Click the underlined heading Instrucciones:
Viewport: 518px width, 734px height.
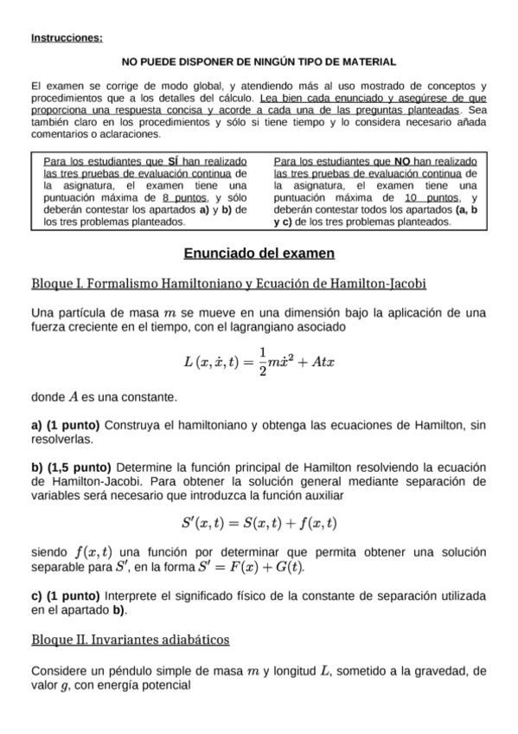point(66,38)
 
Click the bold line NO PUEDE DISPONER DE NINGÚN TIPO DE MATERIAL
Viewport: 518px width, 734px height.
point(259,62)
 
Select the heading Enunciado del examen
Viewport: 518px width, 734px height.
point(259,254)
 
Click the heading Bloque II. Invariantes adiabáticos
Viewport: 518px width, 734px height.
point(130,640)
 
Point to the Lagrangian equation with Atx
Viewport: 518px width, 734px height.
point(259,360)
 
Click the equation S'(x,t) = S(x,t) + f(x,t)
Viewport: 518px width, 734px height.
point(259,523)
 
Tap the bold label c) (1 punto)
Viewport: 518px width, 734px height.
point(65,596)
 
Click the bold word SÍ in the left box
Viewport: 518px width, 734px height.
point(172,162)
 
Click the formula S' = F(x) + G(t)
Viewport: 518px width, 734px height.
point(259,568)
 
